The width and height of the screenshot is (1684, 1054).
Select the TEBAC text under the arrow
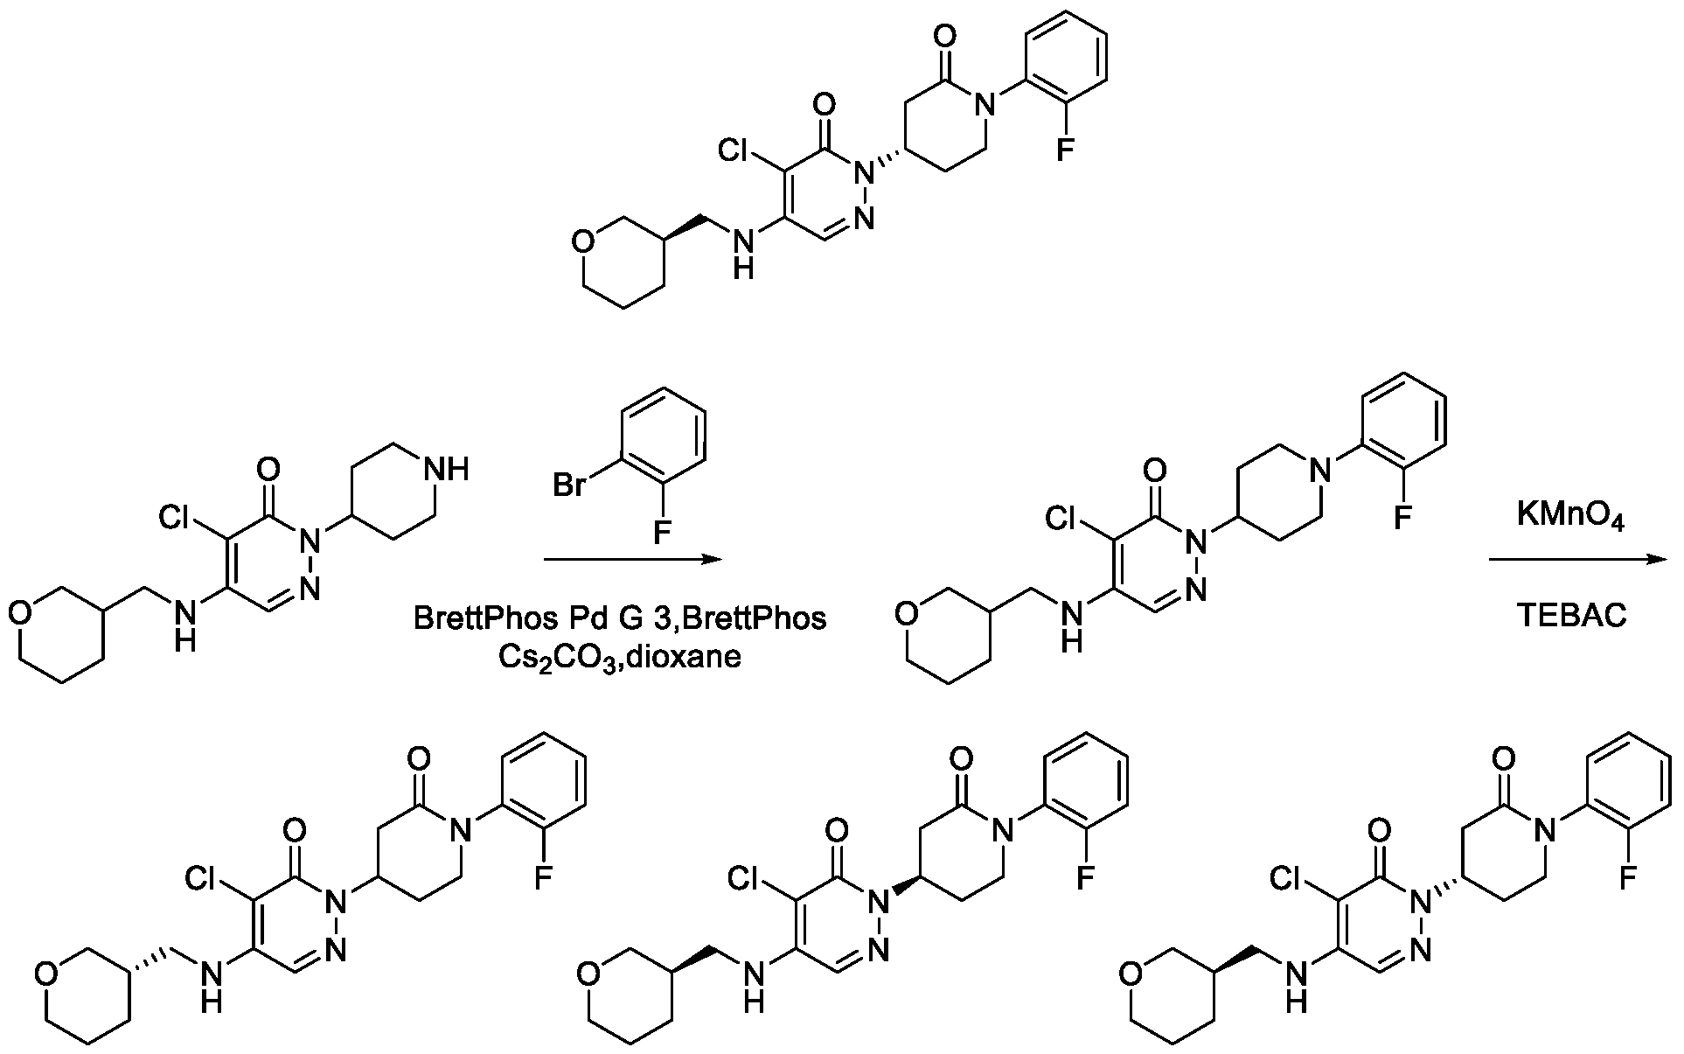[x=1571, y=617]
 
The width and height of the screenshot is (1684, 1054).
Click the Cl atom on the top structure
[x=737, y=151]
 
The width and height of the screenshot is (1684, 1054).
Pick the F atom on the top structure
[x=1064, y=151]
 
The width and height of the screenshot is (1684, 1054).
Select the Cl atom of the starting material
[x=178, y=520]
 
